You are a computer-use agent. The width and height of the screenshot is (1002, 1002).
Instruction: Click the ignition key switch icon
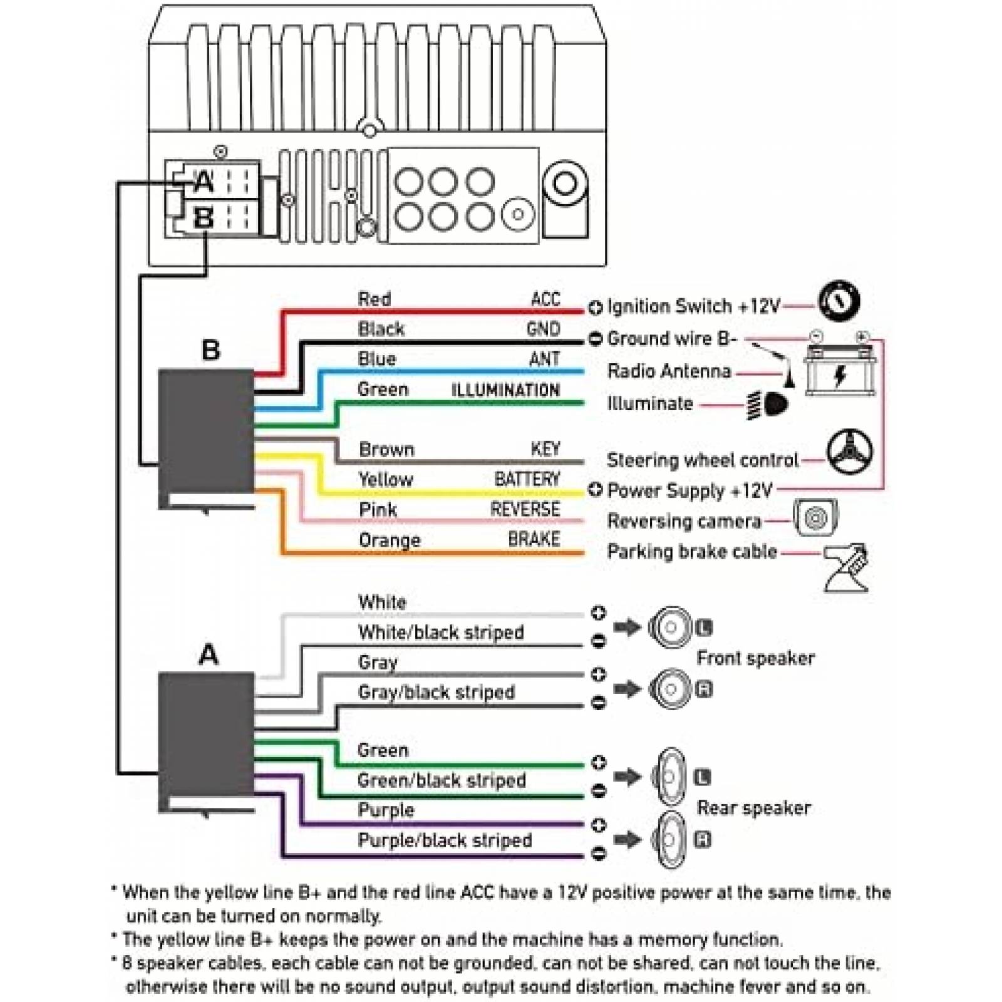[839, 302]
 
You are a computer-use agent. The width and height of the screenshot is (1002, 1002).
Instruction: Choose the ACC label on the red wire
[545, 299]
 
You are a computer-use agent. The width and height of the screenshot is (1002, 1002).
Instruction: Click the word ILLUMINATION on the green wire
[505, 390]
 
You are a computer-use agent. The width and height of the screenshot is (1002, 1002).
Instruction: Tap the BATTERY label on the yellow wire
[527, 479]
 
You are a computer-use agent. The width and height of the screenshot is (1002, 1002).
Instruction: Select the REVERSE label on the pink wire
[525, 509]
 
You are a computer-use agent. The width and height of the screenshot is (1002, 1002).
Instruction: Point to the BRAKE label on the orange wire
[534, 539]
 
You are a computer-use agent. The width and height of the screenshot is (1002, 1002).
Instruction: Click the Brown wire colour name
[386, 449]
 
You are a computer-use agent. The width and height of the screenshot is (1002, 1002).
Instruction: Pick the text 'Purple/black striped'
[445, 840]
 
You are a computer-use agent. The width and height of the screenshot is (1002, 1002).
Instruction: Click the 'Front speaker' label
[755, 658]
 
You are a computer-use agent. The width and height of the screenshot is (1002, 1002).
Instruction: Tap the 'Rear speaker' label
[753, 808]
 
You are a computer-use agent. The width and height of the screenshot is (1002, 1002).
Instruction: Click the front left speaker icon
[671, 627]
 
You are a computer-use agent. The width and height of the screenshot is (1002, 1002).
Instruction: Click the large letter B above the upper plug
[211, 350]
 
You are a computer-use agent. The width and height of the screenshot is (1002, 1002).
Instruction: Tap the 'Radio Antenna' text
[669, 371]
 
